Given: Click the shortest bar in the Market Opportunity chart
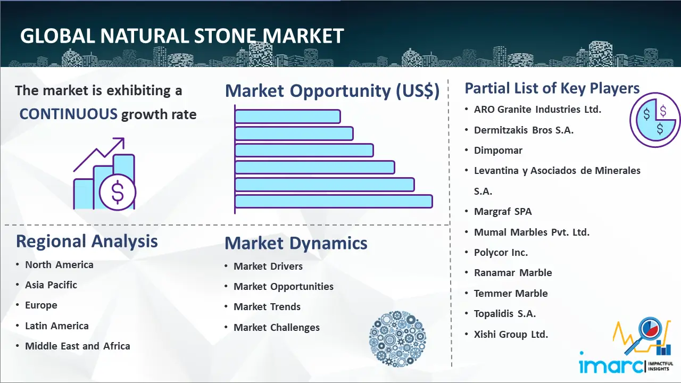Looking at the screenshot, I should [287, 116].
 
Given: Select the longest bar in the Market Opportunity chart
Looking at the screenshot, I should [334, 201].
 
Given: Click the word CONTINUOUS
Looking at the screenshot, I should [68, 114].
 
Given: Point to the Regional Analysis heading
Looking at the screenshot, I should [87, 241].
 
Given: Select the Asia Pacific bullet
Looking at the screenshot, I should [51, 285].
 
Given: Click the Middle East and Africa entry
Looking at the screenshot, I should [78, 346].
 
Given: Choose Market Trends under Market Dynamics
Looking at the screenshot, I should [267, 307].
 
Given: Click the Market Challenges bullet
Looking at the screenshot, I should [277, 328].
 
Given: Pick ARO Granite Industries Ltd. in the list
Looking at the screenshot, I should [537, 110].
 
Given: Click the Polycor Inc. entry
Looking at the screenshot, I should [501, 253].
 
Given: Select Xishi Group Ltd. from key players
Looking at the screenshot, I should [511, 335].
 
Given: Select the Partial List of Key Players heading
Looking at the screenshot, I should [552, 88].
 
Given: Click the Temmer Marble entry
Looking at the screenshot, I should [511, 294].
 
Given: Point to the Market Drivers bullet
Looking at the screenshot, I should [268, 267].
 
